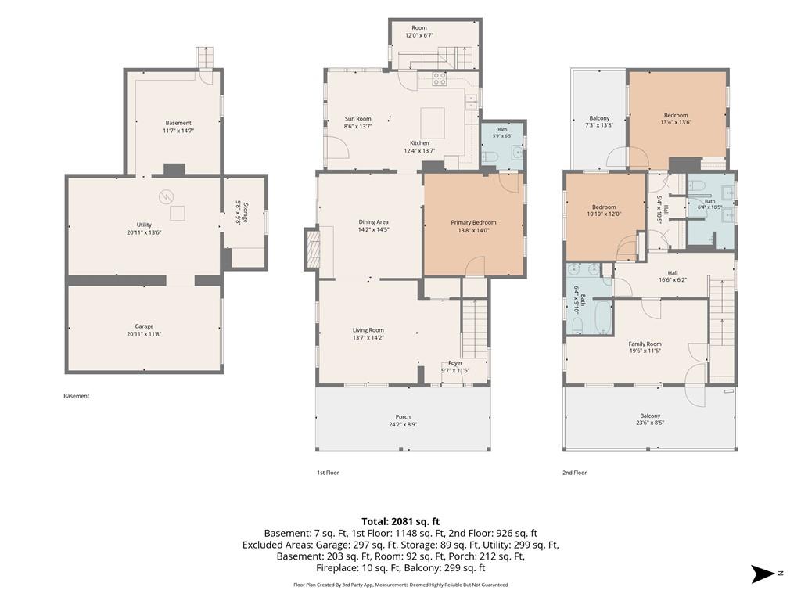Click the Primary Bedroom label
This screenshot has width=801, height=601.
click(x=473, y=222)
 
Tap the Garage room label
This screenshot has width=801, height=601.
click(x=144, y=326)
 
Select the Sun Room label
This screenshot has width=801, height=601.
click(x=357, y=119)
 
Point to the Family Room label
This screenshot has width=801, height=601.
click(x=645, y=344)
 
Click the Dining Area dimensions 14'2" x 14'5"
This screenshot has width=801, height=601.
click(x=373, y=230)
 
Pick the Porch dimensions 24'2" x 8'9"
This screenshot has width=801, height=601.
click(x=403, y=424)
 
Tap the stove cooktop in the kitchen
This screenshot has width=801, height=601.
click(x=440, y=79)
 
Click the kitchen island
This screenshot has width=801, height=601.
click(x=432, y=123)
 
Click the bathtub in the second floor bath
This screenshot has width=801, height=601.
click(x=604, y=317)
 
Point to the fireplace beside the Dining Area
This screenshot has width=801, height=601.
click(x=311, y=248)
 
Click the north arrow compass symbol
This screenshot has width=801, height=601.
click(x=763, y=574)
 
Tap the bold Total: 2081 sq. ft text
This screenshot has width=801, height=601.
click(x=400, y=522)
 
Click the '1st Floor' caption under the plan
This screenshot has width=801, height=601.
click(x=328, y=473)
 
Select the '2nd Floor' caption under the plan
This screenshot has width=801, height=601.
click(x=575, y=473)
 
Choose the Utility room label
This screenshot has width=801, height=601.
click(x=144, y=225)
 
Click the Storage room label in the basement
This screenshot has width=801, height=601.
click(x=246, y=213)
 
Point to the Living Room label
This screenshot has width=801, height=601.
click(x=368, y=330)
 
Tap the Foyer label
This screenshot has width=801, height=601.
click(x=455, y=363)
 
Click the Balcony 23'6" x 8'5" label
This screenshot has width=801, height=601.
click(x=650, y=419)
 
